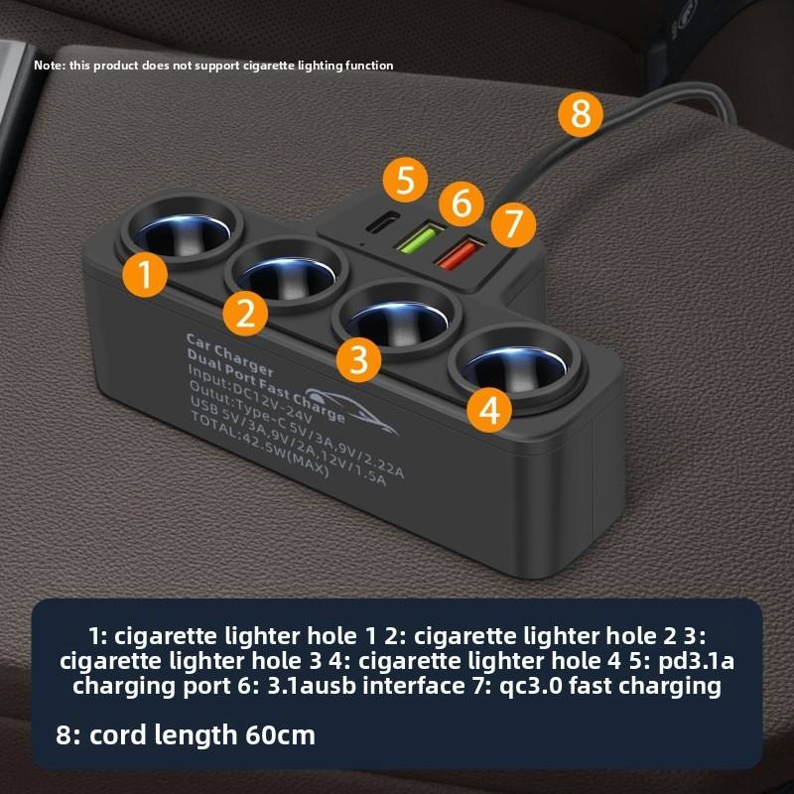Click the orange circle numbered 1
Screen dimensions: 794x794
pos(145,275)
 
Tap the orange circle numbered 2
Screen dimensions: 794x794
pos(245,314)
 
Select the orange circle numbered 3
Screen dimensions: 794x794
pos(359,359)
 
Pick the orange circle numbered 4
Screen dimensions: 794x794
pos(489,410)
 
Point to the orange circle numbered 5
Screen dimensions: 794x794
pos(405,180)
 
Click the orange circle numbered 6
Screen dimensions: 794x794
pos(462,203)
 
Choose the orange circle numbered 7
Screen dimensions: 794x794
pos(513,224)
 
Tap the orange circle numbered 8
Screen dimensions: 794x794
pos(581,114)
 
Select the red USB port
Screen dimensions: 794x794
pos(460,254)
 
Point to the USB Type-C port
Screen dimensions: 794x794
pos(382,221)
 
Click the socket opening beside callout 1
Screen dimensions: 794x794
pos(184,233)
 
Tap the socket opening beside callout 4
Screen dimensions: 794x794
pos(514,369)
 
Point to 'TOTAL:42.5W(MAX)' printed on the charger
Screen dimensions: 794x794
pos(260,445)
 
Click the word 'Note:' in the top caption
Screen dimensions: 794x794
pos(50,66)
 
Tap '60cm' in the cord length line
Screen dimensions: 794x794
pos(281,734)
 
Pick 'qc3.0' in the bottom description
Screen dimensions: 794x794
pos(531,686)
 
